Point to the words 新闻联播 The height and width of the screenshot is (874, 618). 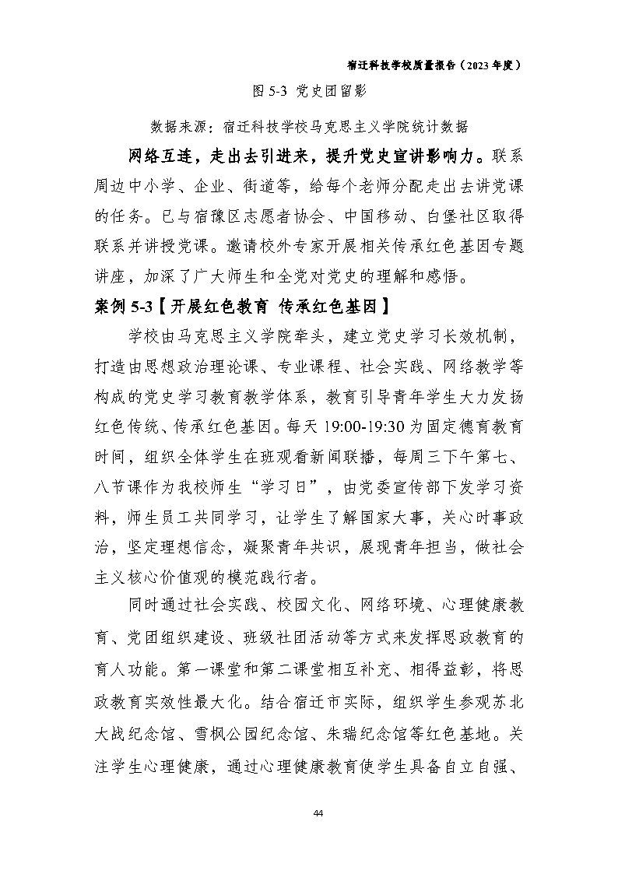(x=346, y=456)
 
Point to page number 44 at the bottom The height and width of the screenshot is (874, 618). (x=318, y=813)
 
